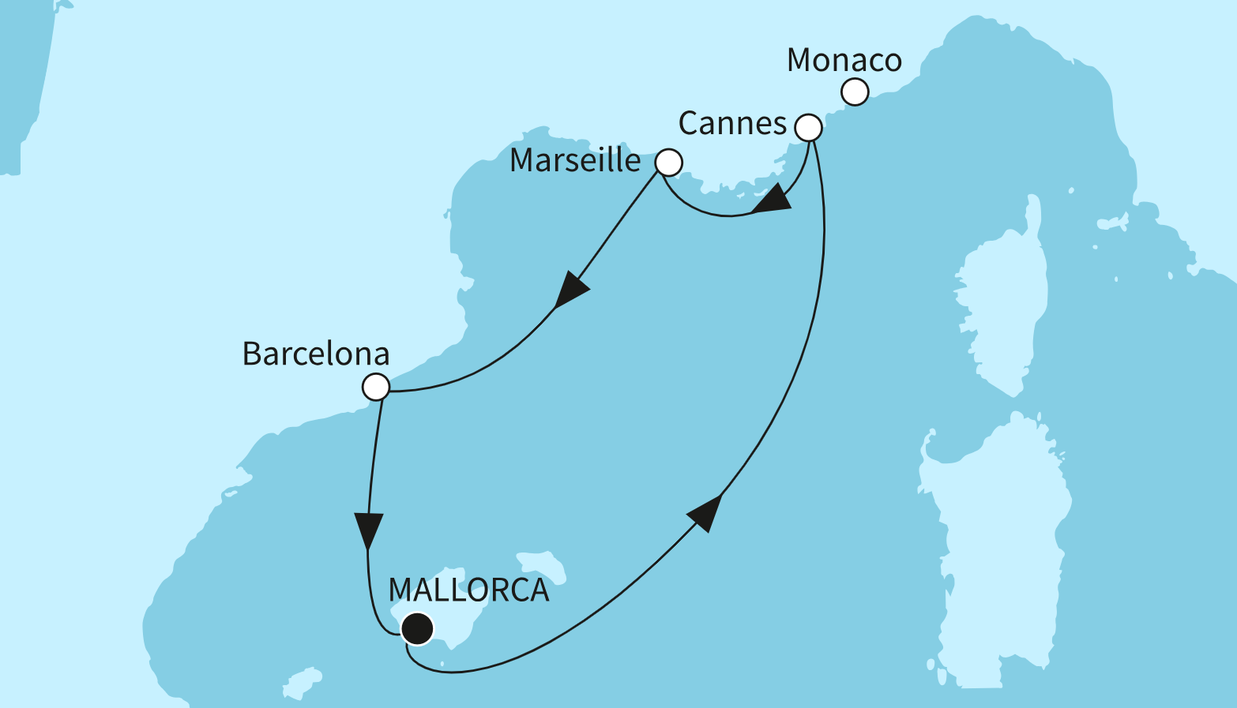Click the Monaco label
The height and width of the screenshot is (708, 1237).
(x=844, y=61)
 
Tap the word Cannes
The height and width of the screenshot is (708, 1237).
(x=732, y=124)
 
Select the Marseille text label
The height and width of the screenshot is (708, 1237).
(x=575, y=160)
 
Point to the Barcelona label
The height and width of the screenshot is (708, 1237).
(x=316, y=354)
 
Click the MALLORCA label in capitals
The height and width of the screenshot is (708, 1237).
(x=468, y=590)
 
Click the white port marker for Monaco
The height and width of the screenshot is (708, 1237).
(x=855, y=92)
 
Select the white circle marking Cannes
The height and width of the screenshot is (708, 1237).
(x=808, y=127)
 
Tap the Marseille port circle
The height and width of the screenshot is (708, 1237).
(x=668, y=163)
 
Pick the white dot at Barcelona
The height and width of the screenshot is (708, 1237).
(x=376, y=388)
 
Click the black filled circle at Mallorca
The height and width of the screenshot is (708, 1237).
(x=417, y=629)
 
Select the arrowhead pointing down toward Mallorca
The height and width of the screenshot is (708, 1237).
(x=368, y=529)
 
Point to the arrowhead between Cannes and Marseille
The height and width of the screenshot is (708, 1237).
(x=771, y=200)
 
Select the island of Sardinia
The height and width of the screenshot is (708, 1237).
(x=999, y=553)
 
